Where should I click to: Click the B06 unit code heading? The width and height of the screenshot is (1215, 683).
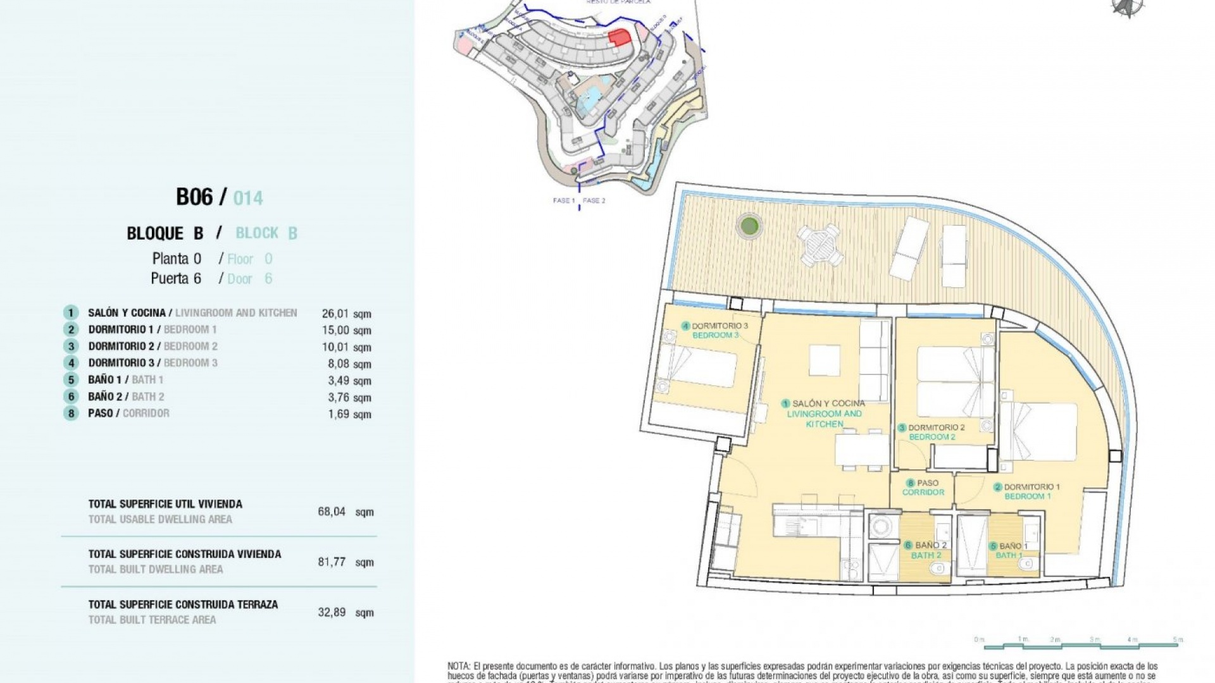click(194, 197)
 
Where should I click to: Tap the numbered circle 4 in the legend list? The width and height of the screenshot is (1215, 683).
click(71, 363)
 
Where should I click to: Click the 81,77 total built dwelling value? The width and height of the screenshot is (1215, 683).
click(332, 562)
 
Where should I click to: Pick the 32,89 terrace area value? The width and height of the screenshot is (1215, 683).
click(332, 612)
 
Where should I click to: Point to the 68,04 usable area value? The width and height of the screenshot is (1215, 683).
click(332, 511)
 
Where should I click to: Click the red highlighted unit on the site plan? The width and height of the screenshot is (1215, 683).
click(620, 37)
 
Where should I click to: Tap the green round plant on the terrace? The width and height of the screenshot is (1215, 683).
click(749, 225)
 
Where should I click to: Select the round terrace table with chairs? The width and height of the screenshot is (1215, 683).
click(819, 245)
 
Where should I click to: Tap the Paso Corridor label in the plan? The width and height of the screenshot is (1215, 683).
click(923, 487)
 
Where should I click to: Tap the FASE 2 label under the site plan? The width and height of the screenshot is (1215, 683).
click(594, 200)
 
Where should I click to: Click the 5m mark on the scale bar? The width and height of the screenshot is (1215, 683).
click(1178, 640)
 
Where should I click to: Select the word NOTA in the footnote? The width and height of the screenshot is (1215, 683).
click(459, 666)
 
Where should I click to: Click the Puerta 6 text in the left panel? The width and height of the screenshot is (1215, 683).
click(176, 278)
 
